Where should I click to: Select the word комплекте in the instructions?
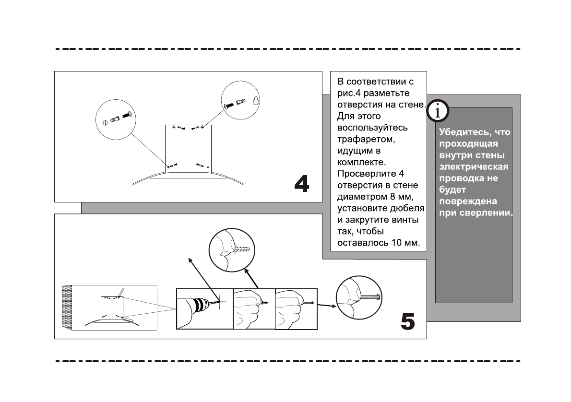[361, 162]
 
